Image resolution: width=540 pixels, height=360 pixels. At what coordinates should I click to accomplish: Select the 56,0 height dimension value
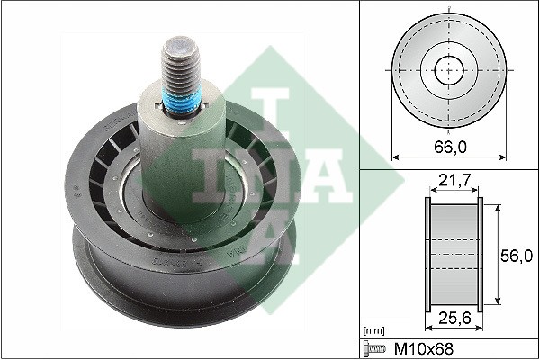[x=515, y=256]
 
